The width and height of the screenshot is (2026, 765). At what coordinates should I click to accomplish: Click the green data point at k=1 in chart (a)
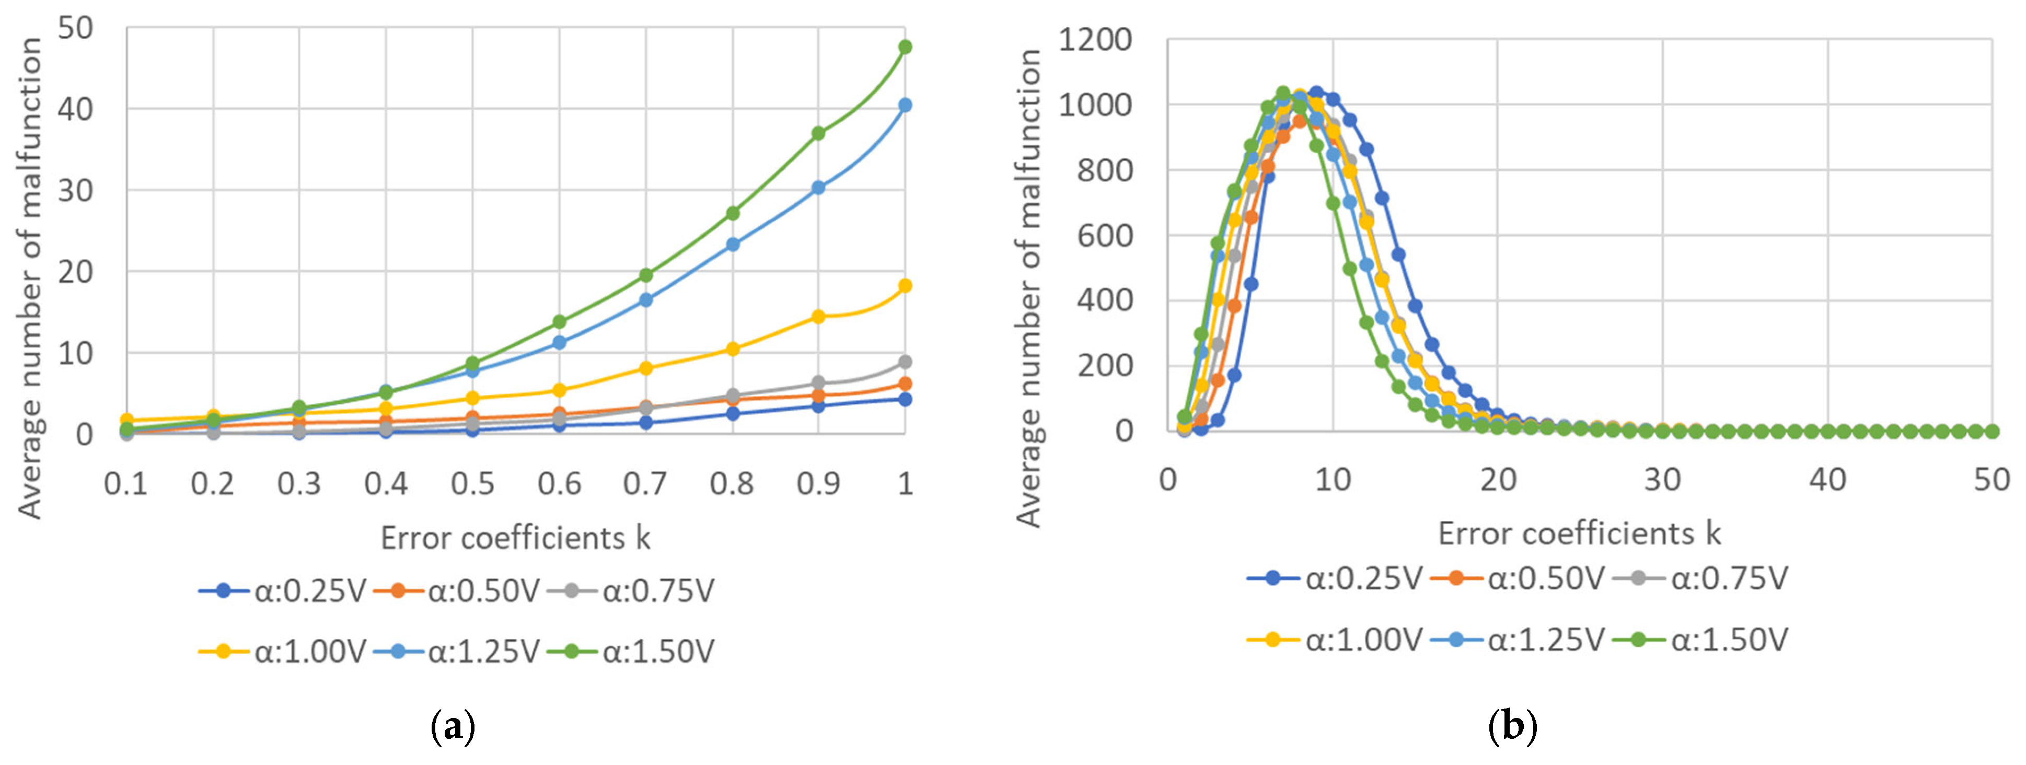905,47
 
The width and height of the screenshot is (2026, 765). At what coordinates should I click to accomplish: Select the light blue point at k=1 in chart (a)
905,105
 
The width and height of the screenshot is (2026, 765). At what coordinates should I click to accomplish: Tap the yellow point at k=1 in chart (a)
905,285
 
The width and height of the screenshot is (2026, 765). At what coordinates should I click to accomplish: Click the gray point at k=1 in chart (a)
905,362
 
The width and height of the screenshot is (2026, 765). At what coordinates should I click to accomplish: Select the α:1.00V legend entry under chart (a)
283,652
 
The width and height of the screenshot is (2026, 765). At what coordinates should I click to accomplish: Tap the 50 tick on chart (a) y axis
75,28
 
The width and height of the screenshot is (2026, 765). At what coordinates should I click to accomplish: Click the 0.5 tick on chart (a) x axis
473,483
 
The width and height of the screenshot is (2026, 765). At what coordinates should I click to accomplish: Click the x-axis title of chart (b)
1579,534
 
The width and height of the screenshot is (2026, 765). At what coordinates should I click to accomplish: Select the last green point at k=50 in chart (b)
1992,431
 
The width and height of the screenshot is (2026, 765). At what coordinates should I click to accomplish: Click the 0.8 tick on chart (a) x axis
732,483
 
